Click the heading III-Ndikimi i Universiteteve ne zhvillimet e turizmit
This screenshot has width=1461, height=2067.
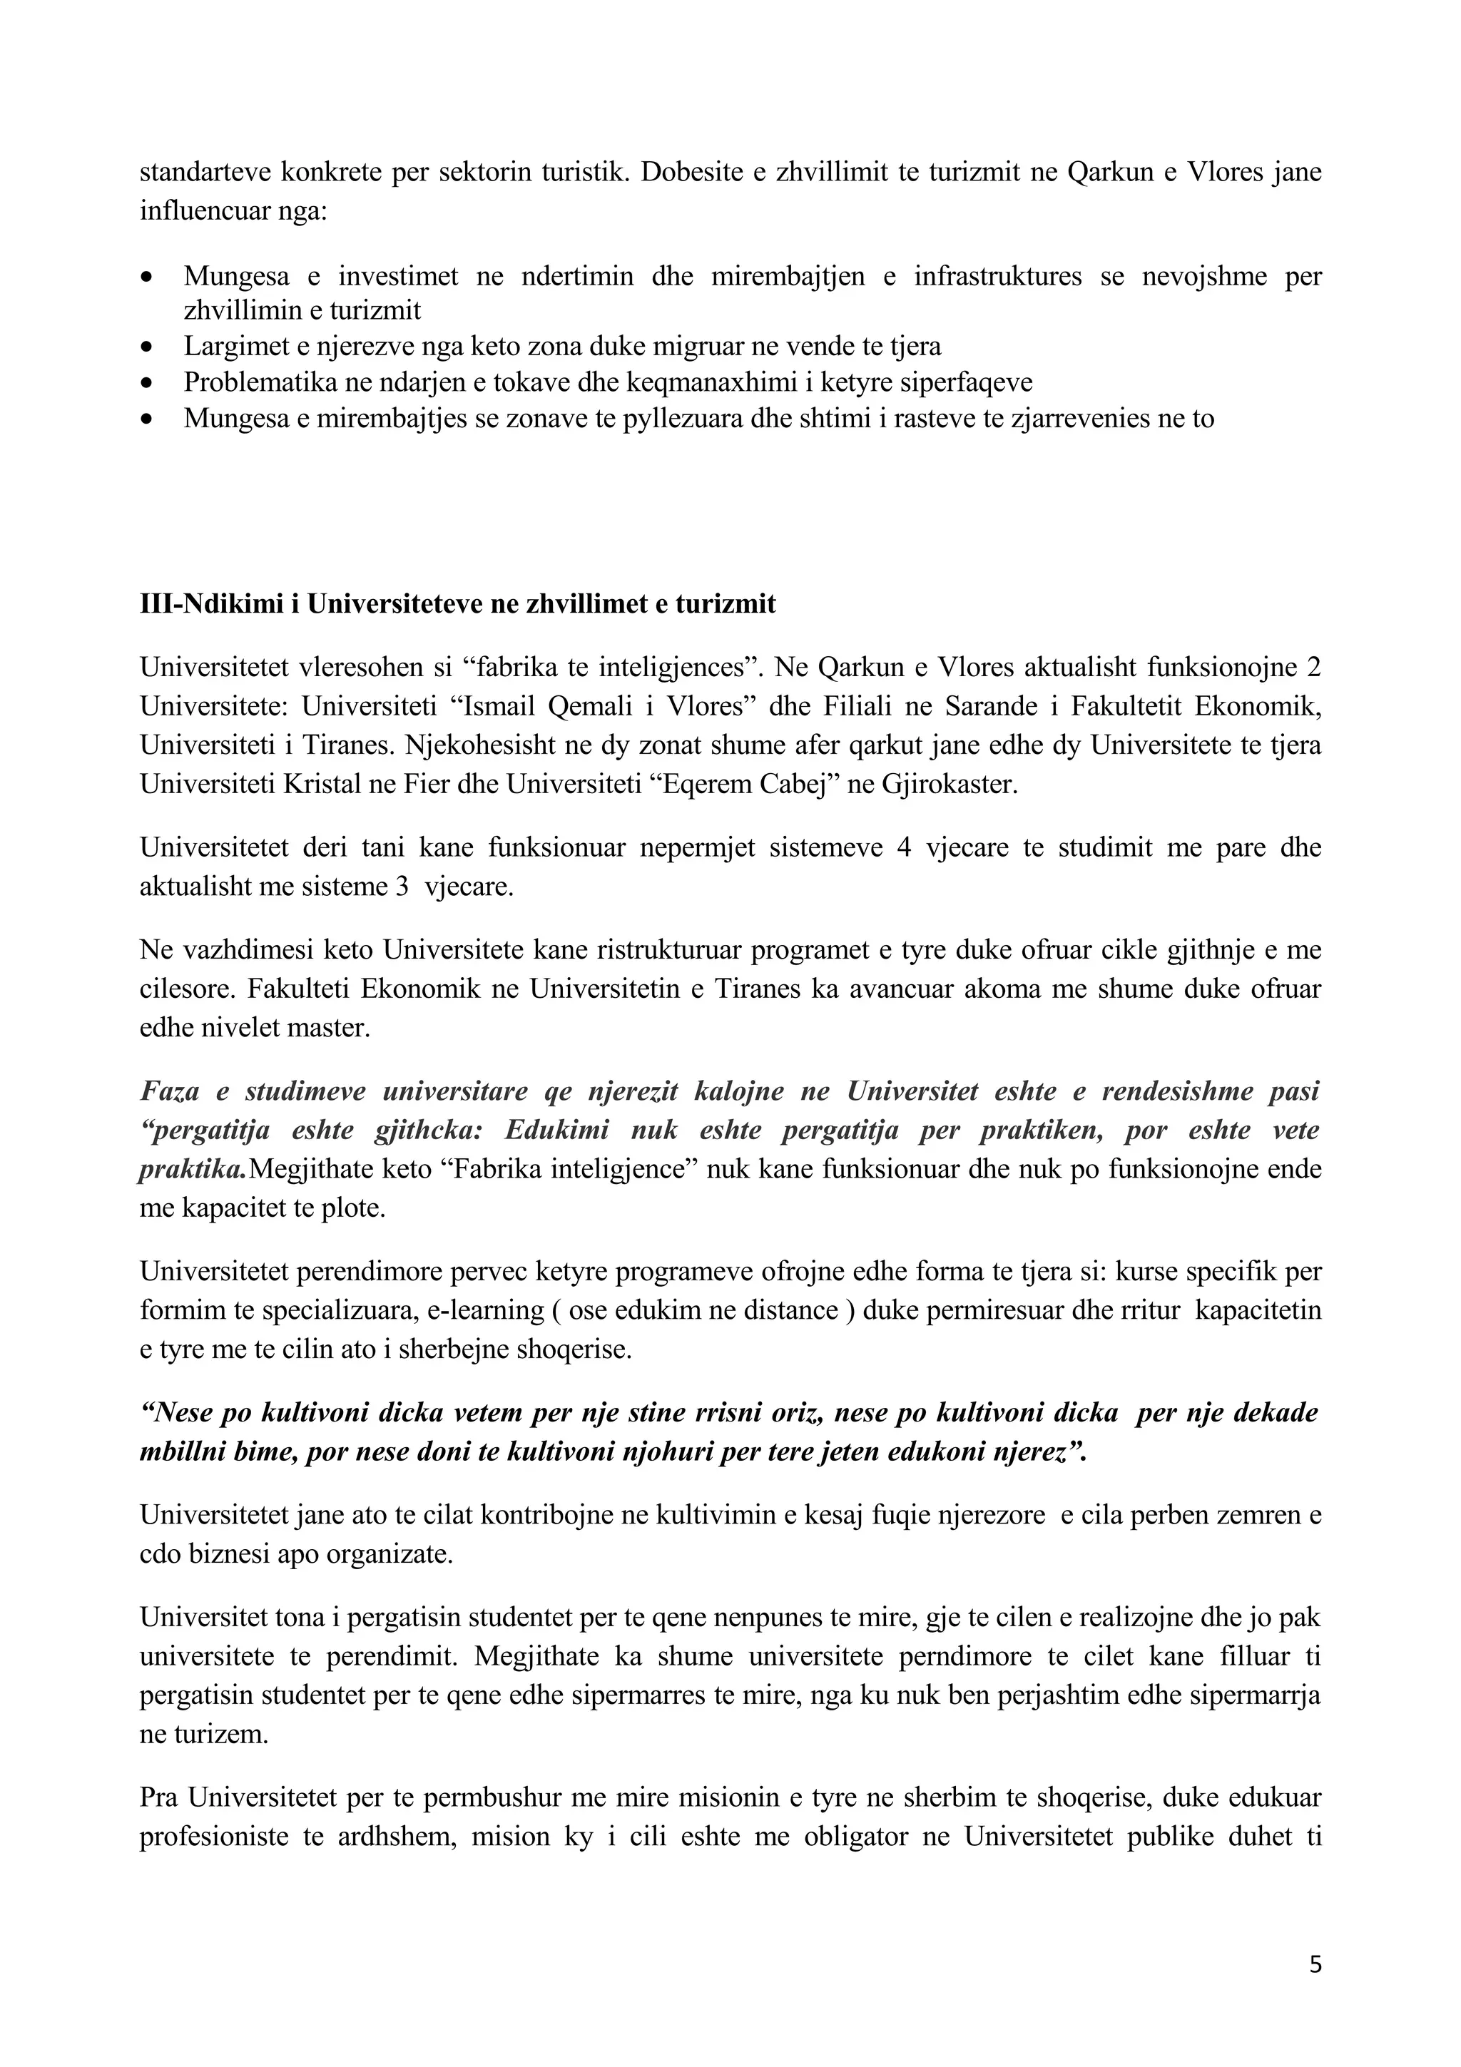457,604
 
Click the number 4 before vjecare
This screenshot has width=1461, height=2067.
905,848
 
